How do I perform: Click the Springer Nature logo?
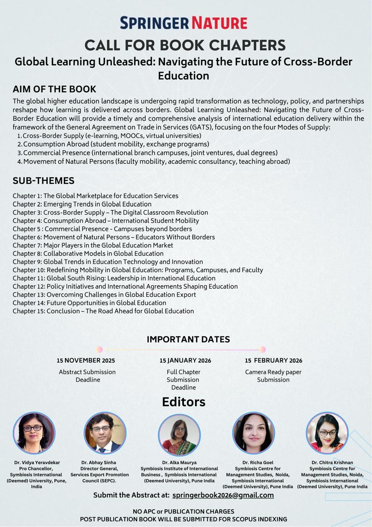point(184,23)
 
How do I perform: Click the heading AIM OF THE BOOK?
point(54,89)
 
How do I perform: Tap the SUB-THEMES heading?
point(44,181)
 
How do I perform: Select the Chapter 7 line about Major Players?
point(93,245)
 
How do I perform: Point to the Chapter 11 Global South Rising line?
point(114,278)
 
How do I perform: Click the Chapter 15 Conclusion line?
point(103,311)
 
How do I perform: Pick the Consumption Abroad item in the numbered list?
point(116,145)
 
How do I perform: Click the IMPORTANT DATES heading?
point(188,339)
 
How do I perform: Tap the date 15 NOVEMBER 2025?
point(86,361)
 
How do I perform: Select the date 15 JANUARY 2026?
point(185,361)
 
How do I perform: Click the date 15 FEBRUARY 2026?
point(273,361)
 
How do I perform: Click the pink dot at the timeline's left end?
point(99,350)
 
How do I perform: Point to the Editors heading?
point(184,402)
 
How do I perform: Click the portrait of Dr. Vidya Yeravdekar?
point(34,433)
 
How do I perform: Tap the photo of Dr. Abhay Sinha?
point(105,433)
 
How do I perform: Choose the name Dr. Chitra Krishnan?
point(332,462)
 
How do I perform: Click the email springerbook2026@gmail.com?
point(223,495)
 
